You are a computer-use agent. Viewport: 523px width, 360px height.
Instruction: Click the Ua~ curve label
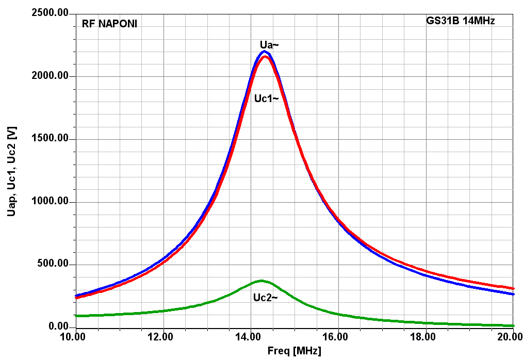(x=269, y=45)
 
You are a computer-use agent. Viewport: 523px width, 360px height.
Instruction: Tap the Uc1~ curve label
(x=266, y=99)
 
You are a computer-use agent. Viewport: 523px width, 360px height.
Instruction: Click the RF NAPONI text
(x=109, y=24)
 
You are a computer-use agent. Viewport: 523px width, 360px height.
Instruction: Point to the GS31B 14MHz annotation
(x=461, y=21)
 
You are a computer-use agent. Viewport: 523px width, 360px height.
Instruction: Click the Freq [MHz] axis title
(x=294, y=352)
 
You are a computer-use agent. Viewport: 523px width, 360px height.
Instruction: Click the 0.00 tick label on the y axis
(x=58, y=327)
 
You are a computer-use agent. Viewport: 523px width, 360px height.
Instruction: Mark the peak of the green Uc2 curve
(x=261, y=281)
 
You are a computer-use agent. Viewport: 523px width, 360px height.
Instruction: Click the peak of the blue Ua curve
(x=264, y=51)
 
